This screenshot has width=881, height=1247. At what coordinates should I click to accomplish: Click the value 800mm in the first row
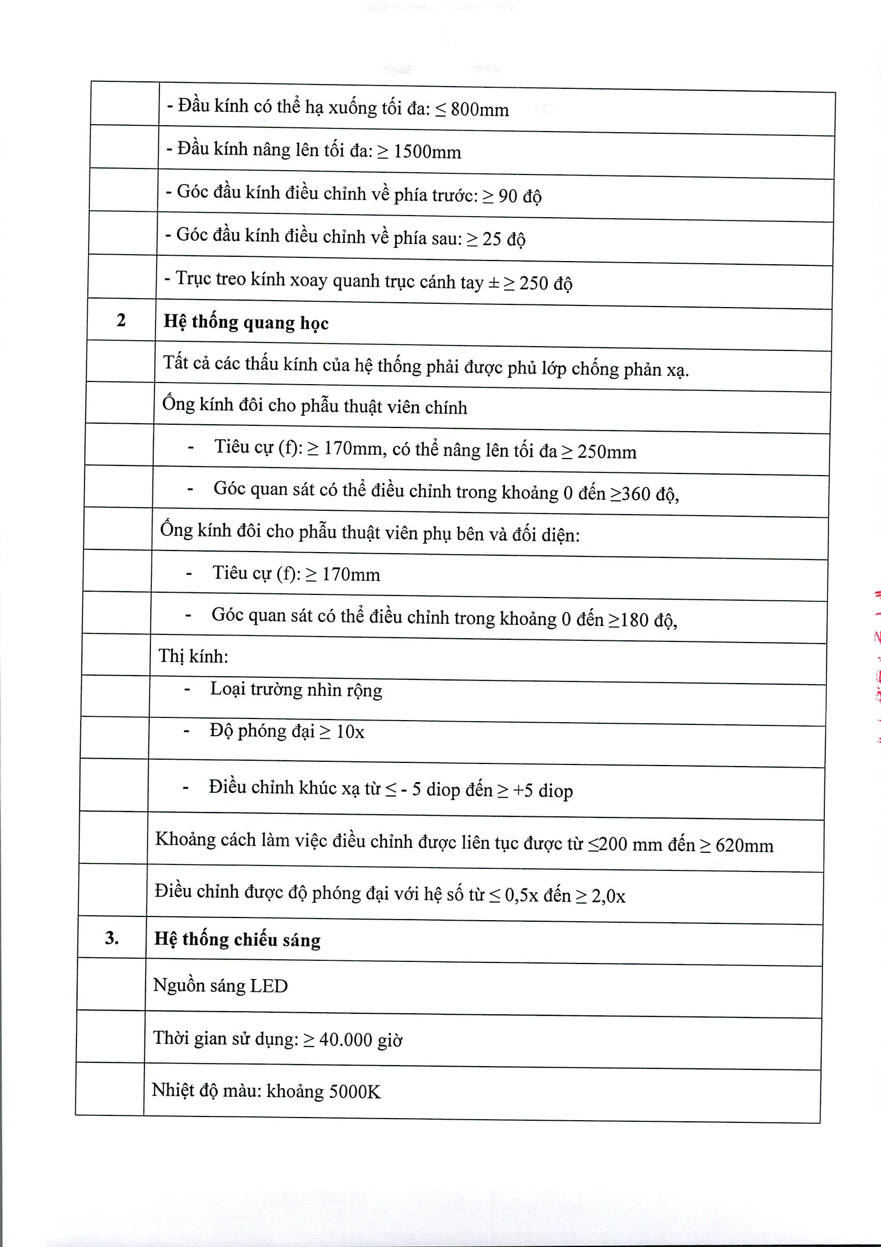pyautogui.click(x=480, y=110)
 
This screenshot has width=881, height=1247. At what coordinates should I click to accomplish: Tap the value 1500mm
pyautogui.click(x=427, y=152)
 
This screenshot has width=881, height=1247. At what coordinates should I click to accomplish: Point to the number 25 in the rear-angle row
pyautogui.click(x=492, y=240)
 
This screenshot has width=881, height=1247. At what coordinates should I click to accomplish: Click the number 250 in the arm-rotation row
pyautogui.click(x=533, y=284)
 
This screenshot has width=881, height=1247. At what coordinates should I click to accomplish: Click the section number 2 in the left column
pyautogui.click(x=121, y=320)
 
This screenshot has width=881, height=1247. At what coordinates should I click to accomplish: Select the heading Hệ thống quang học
pyautogui.click(x=246, y=323)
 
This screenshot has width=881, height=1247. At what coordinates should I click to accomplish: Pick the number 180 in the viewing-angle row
pyautogui.click(x=634, y=619)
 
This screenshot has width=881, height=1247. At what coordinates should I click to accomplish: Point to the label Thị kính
pyautogui.click(x=193, y=656)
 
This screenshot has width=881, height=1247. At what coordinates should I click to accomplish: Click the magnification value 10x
pyautogui.click(x=350, y=732)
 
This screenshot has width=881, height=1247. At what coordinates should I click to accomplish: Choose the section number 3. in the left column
pyautogui.click(x=112, y=937)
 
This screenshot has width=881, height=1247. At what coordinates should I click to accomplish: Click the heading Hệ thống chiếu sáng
pyautogui.click(x=238, y=939)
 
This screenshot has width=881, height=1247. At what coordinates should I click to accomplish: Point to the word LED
pyautogui.click(x=269, y=986)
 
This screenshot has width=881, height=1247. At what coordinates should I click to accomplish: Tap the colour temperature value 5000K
pyautogui.click(x=353, y=1091)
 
